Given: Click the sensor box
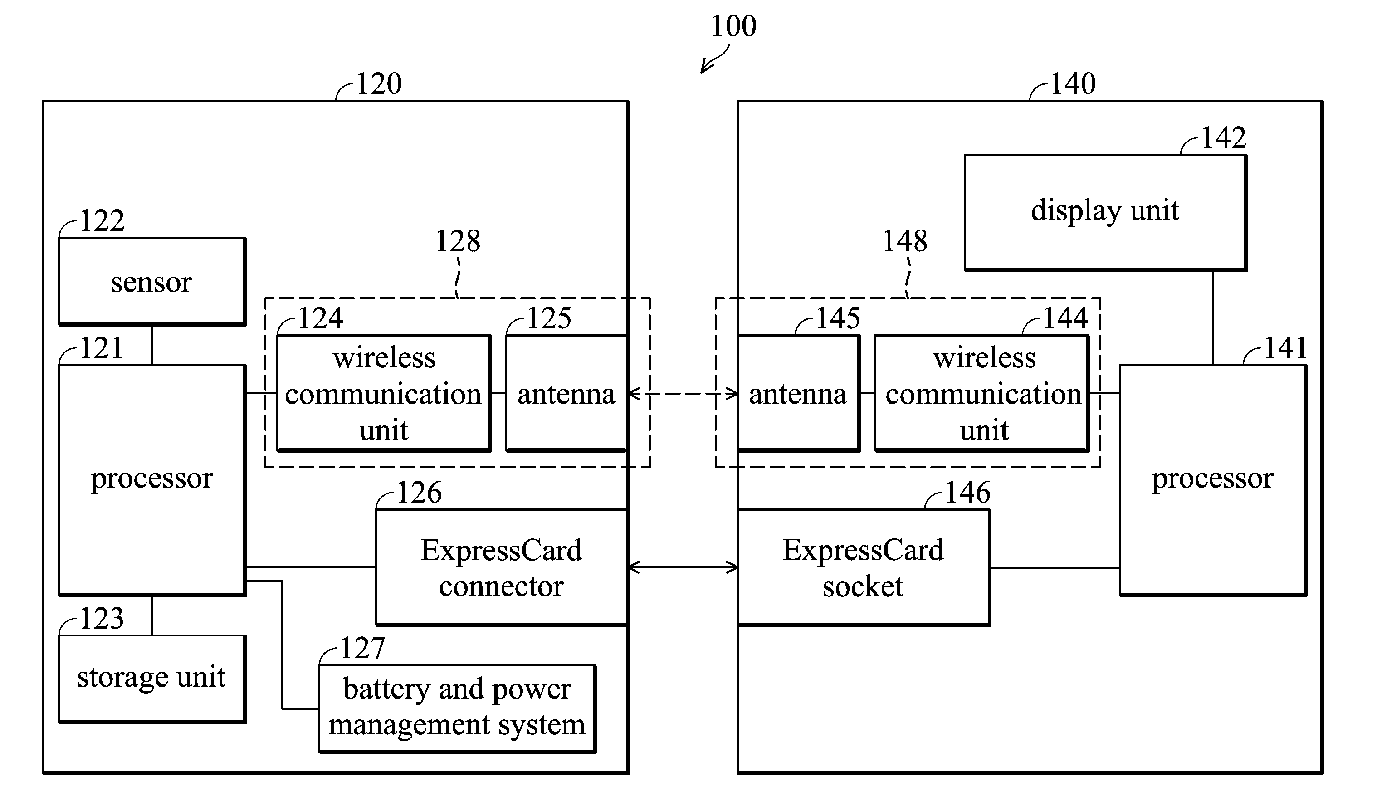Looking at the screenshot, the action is tap(152, 281).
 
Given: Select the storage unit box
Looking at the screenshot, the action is tap(152, 679).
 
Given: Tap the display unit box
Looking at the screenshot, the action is tap(1105, 213).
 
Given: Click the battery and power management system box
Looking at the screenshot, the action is tap(457, 709).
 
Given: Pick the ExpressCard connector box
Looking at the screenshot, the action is tap(501, 567).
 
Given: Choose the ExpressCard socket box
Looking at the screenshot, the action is tap(864, 567).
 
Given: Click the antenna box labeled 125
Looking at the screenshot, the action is tap(566, 393).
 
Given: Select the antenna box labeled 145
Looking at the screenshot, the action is tap(799, 393).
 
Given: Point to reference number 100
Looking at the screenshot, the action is tap(734, 26).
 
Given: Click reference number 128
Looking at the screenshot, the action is tap(458, 241).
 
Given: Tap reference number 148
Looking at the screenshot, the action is tap(905, 241).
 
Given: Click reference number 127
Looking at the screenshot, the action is tap(363, 648).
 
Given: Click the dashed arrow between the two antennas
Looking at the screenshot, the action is tap(683, 393).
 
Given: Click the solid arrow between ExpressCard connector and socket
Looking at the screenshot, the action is tap(683, 567).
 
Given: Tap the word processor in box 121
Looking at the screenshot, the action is tap(152, 479).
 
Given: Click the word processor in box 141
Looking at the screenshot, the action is tap(1212, 479).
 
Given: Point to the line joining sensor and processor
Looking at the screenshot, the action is tap(152, 345).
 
